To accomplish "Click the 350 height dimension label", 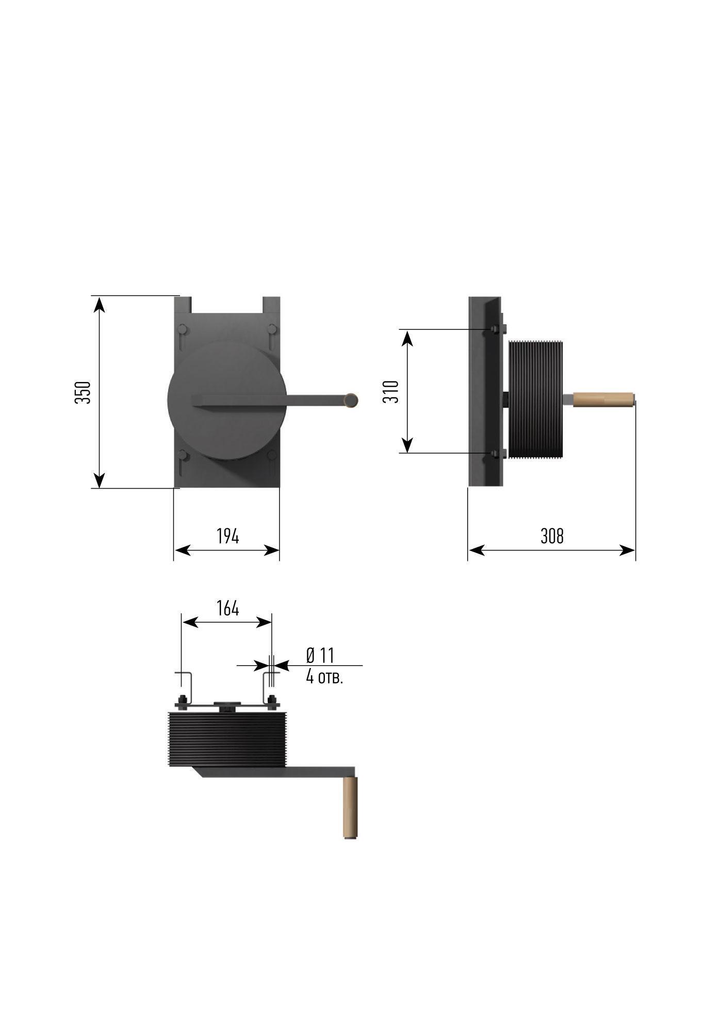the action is coord(83,392).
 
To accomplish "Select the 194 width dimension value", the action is coord(227,537).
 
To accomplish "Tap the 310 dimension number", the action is coord(391,392).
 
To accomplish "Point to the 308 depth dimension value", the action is coord(552,537).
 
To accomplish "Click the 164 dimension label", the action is coord(227,609).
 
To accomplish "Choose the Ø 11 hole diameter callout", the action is coord(320,656).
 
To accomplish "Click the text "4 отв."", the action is coord(324,677).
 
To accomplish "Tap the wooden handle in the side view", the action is coord(604,400).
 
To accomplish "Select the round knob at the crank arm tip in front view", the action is coord(351,400).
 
